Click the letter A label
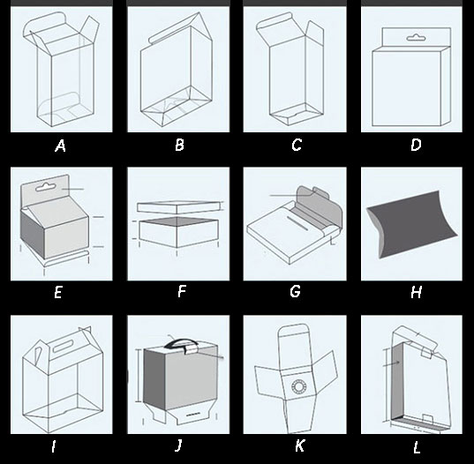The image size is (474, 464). coord(60,146)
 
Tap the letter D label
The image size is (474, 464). coord(416,145)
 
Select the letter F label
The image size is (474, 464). coord(181,291)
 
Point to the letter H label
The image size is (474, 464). coord(417,292)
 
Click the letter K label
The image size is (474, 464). coord(299,445)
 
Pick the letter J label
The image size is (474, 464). coord(178,445)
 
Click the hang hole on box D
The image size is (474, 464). coord(417,38)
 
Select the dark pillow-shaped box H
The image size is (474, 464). coord(411,224)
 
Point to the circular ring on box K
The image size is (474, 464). coord(299,386)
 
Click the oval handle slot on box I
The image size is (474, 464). coord(64,346)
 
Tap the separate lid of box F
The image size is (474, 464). coord(178,207)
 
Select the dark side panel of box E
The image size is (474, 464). coord(33,234)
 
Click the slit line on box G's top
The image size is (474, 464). coord(297,223)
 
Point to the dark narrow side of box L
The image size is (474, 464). coord(397,381)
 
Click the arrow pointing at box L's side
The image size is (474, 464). coord(392,363)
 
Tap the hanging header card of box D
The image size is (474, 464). coord(417,37)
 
